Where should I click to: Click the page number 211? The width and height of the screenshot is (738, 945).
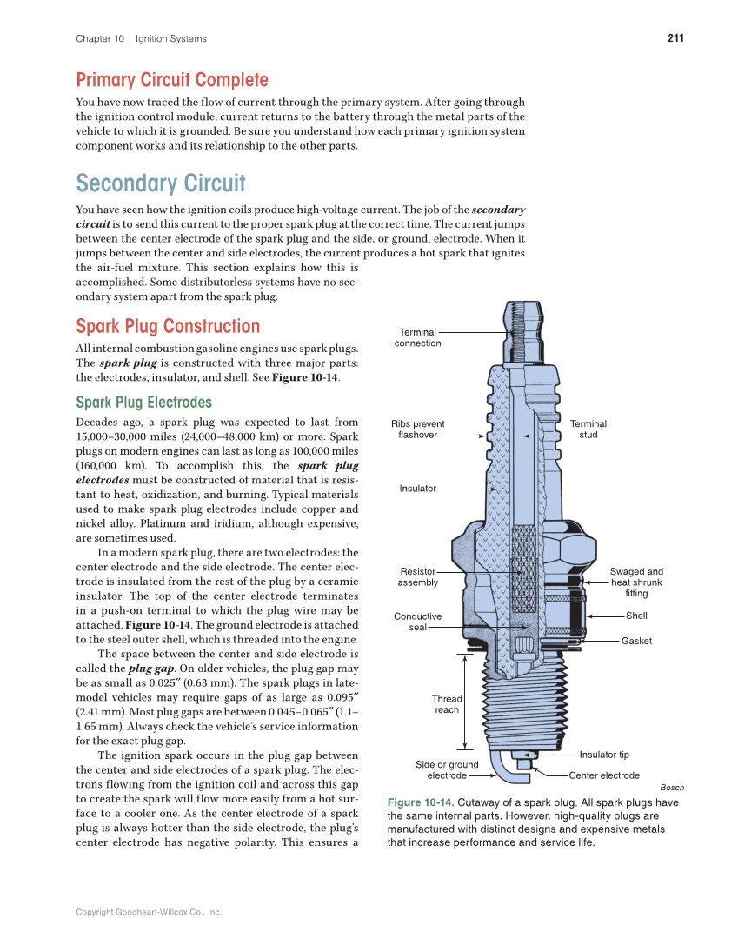click(675, 38)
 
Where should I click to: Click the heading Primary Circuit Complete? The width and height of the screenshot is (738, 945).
click(172, 80)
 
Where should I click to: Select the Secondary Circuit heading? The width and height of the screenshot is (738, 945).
click(161, 183)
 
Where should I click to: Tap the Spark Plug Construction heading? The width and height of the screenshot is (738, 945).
click(168, 326)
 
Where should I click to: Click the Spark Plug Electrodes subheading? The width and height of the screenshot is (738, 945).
click(143, 403)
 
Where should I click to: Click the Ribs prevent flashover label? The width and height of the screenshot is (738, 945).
click(417, 429)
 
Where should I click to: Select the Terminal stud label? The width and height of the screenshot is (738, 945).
click(588, 429)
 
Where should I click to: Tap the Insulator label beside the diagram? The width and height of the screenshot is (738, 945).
click(417, 489)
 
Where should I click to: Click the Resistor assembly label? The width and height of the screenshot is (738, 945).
click(417, 577)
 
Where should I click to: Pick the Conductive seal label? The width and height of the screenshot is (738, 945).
click(417, 622)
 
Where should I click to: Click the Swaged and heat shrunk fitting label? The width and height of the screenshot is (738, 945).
click(636, 582)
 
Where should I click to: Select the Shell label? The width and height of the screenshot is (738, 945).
click(636, 616)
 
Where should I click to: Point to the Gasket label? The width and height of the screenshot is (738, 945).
click(636, 641)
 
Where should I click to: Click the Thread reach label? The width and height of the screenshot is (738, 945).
click(447, 704)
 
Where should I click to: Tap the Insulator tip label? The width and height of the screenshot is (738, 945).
click(604, 755)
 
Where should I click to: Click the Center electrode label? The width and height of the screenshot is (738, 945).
click(604, 775)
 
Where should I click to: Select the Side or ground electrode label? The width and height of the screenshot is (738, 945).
click(447, 770)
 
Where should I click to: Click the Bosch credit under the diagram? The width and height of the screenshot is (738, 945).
click(672, 788)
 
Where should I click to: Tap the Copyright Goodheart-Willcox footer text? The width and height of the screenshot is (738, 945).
click(149, 912)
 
